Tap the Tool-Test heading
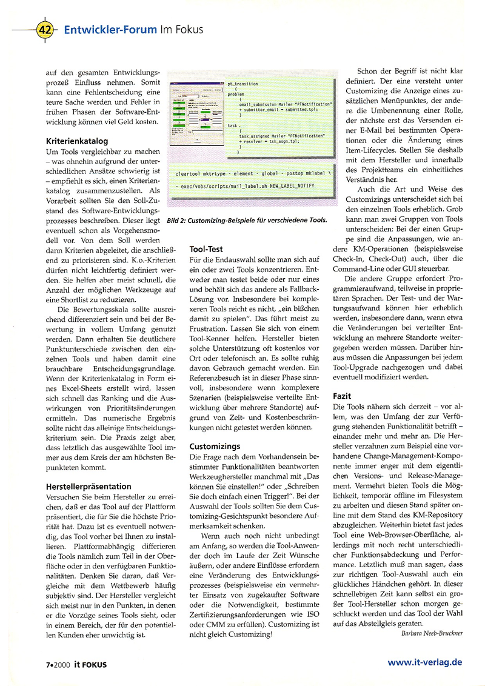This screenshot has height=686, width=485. pyautogui.click(x=206, y=248)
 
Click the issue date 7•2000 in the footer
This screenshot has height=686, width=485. pyautogui.click(x=57, y=664)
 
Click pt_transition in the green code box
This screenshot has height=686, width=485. pyautogui.click(x=242, y=84)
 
